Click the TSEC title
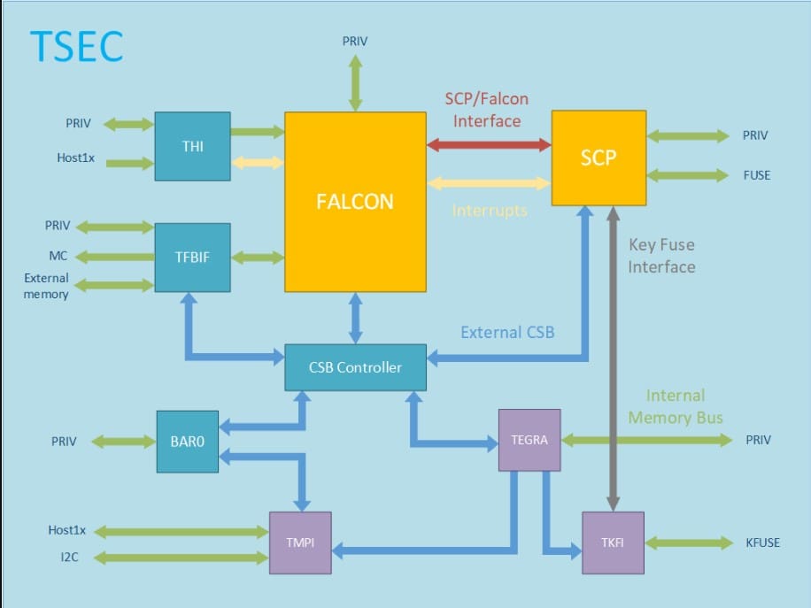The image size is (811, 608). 76,46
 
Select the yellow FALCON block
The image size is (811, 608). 354,202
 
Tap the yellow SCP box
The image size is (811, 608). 599,158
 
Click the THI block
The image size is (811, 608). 192,146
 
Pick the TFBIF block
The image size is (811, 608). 192,258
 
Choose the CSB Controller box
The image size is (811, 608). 355,367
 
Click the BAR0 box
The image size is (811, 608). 187,441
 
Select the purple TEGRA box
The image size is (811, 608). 529,440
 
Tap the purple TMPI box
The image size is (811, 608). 300,543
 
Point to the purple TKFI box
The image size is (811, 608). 612,543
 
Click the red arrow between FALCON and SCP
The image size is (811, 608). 489,144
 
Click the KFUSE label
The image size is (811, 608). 762,543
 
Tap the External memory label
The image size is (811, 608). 46,286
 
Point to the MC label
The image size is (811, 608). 58,257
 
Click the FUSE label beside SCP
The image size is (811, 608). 756,175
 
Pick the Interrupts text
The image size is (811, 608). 490,211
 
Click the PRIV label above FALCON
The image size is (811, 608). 354,41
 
